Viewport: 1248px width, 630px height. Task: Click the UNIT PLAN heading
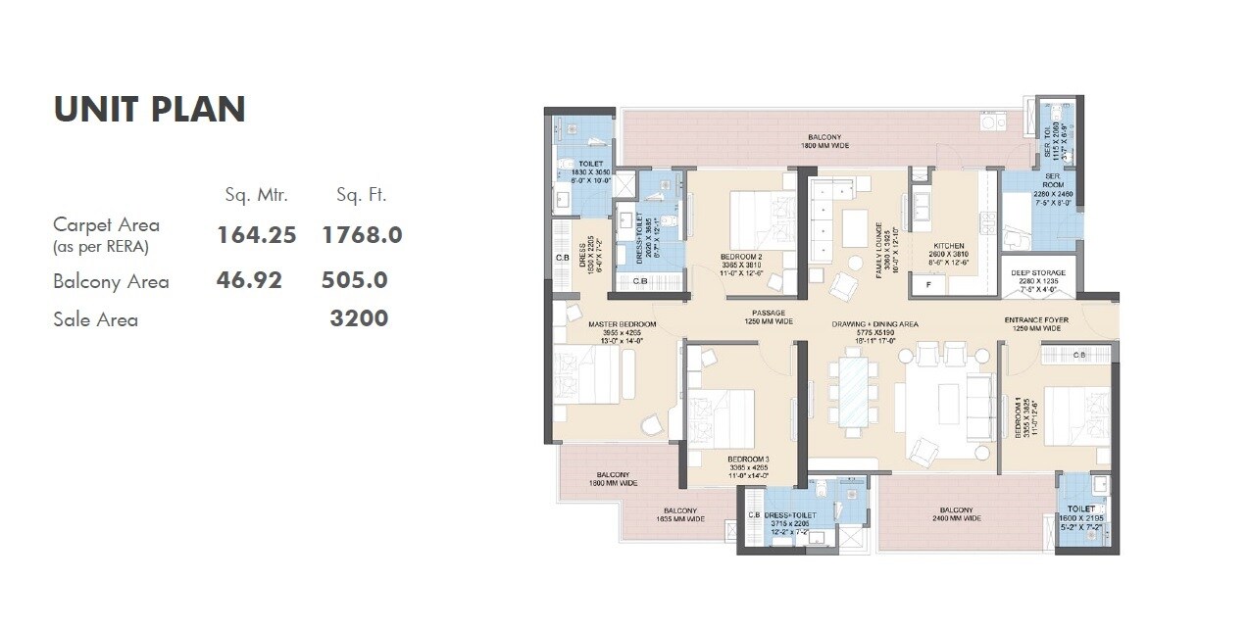[x=149, y=110]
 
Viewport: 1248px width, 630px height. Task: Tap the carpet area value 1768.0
[x=362, y=235]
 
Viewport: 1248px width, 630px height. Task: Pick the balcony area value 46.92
[x=249, y=280]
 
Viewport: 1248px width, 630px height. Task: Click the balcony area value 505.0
[x=354, y=280]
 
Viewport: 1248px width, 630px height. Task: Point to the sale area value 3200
[x=359, y=318]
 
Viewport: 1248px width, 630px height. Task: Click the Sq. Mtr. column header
[x=256, y=195]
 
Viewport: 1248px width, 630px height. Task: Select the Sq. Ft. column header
[x=361, y=195]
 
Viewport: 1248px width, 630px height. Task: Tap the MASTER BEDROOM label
[x=622, y=323]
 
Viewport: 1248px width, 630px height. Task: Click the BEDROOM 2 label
[x=741, y=257]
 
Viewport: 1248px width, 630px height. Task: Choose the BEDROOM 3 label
[x=748, y=459]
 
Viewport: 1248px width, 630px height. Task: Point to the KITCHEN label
[x=948, y=246]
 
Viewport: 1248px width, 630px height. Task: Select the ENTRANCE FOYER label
[x=1036, y=320]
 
